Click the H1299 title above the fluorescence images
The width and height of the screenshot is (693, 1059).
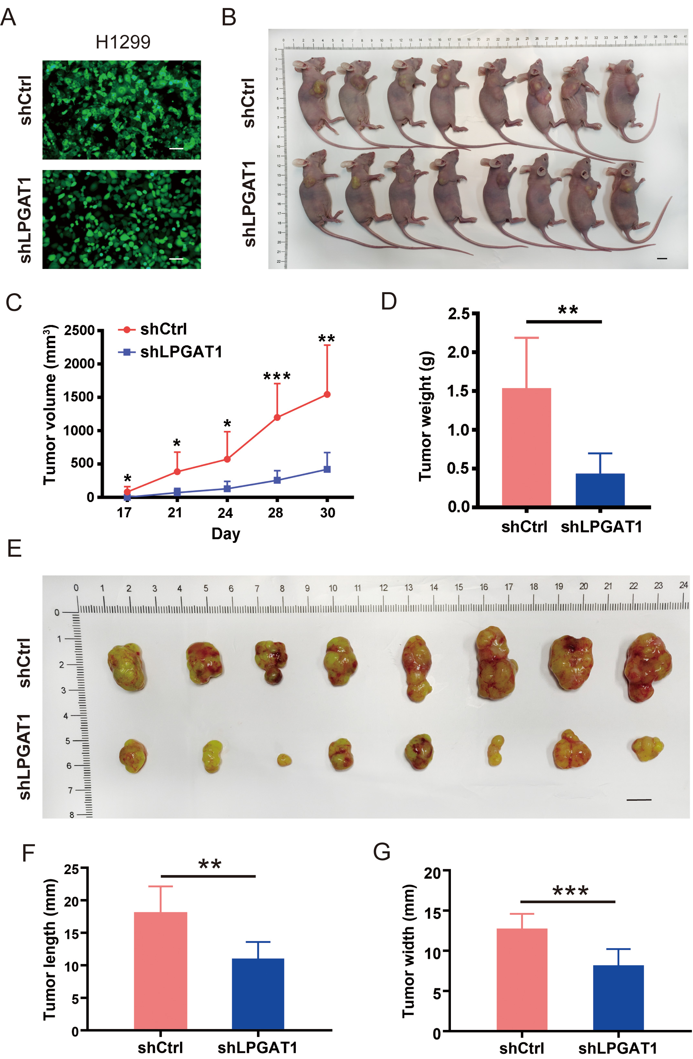pos(123,42)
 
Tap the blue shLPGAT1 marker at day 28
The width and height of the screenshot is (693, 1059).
pos(277,480)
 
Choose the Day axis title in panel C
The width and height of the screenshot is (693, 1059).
pos(226,533)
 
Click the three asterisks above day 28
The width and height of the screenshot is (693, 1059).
pos(277,376)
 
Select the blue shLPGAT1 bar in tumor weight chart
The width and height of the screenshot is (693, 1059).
pos(600,489)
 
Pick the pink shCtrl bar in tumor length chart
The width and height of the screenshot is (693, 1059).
pos(161,970)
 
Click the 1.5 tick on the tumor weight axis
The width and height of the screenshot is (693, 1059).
pos(459,391)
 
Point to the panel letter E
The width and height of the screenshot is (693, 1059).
pos(14,548)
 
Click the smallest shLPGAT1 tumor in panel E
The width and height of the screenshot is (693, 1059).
pos(284,760)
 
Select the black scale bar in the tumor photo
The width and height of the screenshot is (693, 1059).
pos(639,800)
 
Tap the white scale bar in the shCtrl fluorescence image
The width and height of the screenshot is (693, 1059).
pos(176,148)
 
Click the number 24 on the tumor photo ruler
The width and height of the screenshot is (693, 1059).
pos(683,585)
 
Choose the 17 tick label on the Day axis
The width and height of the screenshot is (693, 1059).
pos(124,513)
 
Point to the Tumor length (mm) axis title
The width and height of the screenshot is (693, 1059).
pos(50,948)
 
